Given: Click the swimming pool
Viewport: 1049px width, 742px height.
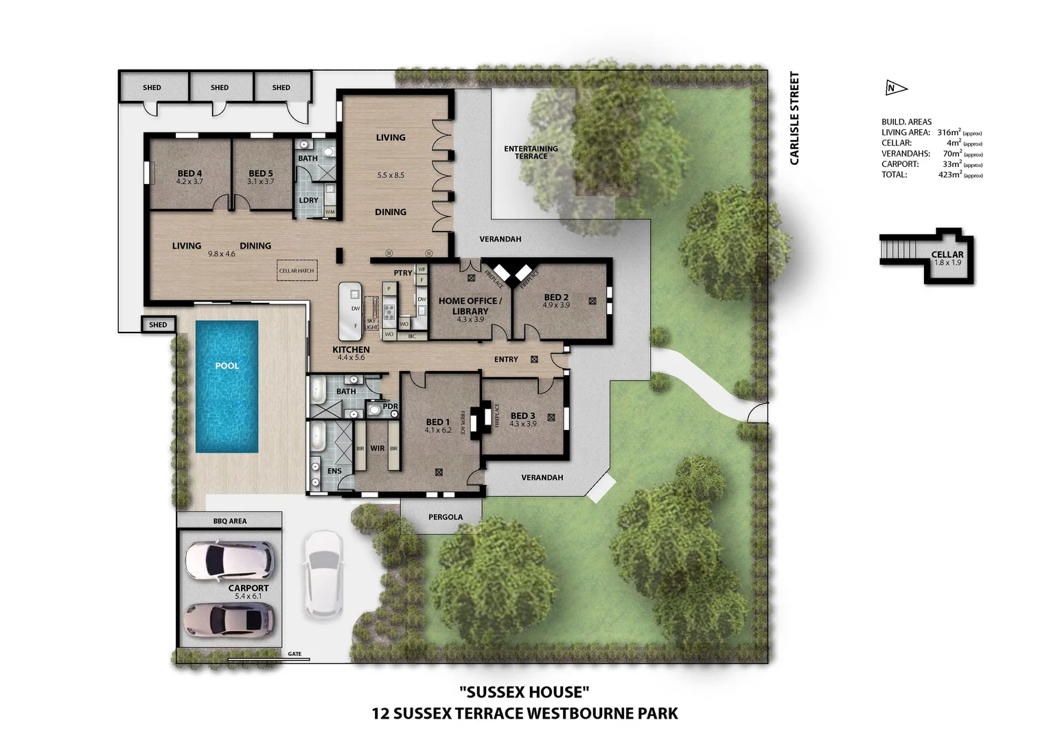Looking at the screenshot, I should click(227, 386).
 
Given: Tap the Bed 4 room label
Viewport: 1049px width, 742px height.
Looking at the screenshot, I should click(189, 174).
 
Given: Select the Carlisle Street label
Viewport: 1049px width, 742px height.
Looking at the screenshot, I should click(794, 118).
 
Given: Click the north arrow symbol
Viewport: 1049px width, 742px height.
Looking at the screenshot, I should click(895, 88).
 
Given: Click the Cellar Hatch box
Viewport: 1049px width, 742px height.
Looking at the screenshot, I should click(297, 271).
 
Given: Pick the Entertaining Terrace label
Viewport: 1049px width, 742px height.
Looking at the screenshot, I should click(531, 152).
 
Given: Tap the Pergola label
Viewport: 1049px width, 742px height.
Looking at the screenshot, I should click(445, 517).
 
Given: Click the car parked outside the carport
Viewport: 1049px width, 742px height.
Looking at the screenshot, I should click(323, 574).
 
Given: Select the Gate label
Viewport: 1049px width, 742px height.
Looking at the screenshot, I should click(295, 654).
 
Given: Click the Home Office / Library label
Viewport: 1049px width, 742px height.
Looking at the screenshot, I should click(470, 306).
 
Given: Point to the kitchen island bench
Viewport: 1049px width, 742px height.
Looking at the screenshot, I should click(350, 311).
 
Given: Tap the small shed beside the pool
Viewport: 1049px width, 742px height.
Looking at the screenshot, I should click(158, 325).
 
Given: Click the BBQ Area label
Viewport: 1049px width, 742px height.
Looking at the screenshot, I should click(229, 521).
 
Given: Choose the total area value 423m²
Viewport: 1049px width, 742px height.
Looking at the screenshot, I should click(949, 175).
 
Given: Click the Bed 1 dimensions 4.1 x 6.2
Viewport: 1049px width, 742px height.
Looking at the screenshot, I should click(438, 431).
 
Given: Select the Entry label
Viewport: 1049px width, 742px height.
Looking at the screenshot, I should click(506, 359).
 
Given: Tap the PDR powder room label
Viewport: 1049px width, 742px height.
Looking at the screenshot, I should click(390, 406).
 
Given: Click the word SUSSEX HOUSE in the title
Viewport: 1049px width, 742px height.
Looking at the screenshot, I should click(524, 692).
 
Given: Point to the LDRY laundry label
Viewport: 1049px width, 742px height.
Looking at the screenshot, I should click(308, 201).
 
